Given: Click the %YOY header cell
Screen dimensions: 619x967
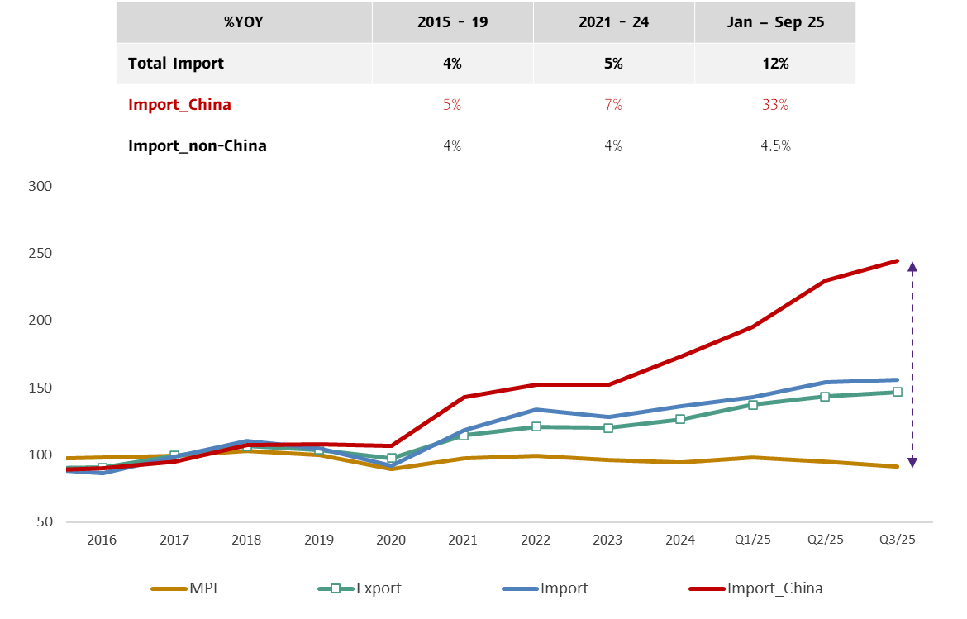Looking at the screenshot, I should point(243,22).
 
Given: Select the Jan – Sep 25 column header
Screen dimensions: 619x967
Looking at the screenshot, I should point(775,22).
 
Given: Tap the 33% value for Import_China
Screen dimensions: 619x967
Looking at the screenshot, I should point(775,105).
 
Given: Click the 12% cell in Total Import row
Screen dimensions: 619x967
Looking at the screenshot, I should point(775,64).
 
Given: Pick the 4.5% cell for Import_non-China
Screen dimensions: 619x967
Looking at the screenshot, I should point(775,146).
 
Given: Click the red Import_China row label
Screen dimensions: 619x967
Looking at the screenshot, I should point(179,105).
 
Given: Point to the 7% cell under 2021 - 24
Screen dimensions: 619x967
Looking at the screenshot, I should point(613,105).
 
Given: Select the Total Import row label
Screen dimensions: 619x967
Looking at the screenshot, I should point(176,64).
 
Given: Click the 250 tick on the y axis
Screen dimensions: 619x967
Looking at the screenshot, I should point(40,254).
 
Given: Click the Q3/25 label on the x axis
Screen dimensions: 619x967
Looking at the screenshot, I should point(897,540).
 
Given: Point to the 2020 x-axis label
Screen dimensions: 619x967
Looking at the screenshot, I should point(391,540).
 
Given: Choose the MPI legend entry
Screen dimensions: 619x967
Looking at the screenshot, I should point(202,588).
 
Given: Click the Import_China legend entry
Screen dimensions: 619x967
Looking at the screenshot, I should point(774,588).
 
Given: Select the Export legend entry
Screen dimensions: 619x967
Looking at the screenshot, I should point(378,588).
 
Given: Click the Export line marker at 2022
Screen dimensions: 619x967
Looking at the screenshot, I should point(536,426).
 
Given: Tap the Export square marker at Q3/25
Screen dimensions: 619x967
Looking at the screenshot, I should point(897,392).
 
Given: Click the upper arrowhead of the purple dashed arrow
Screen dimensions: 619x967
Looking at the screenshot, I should point(912,267).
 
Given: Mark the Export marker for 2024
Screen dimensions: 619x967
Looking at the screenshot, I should point(680,419).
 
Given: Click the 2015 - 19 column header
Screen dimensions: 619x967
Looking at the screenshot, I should point(452,22).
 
